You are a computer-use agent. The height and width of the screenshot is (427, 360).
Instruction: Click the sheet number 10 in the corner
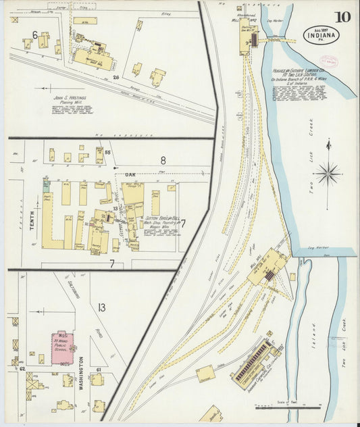(x=342, y=18)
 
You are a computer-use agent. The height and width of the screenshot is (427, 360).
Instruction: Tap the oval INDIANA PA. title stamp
(x=322, y=34)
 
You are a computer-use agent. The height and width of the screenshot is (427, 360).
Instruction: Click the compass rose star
(x=329, y=174)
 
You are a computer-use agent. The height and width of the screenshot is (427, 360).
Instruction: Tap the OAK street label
(x=130, y=174)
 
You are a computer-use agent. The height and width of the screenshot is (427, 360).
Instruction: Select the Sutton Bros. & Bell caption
(x=161, y=220)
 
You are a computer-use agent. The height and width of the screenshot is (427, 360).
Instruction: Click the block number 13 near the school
(x=101, y=308)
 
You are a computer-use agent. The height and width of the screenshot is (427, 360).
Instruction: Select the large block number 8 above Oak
(x=163, y=161)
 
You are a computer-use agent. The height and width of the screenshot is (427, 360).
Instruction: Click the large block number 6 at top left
(x=34, y=34)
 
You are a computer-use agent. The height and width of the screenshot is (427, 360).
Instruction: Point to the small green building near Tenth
(x=46, y=184)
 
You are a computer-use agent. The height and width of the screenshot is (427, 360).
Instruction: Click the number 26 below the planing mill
(x=115, y=78)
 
